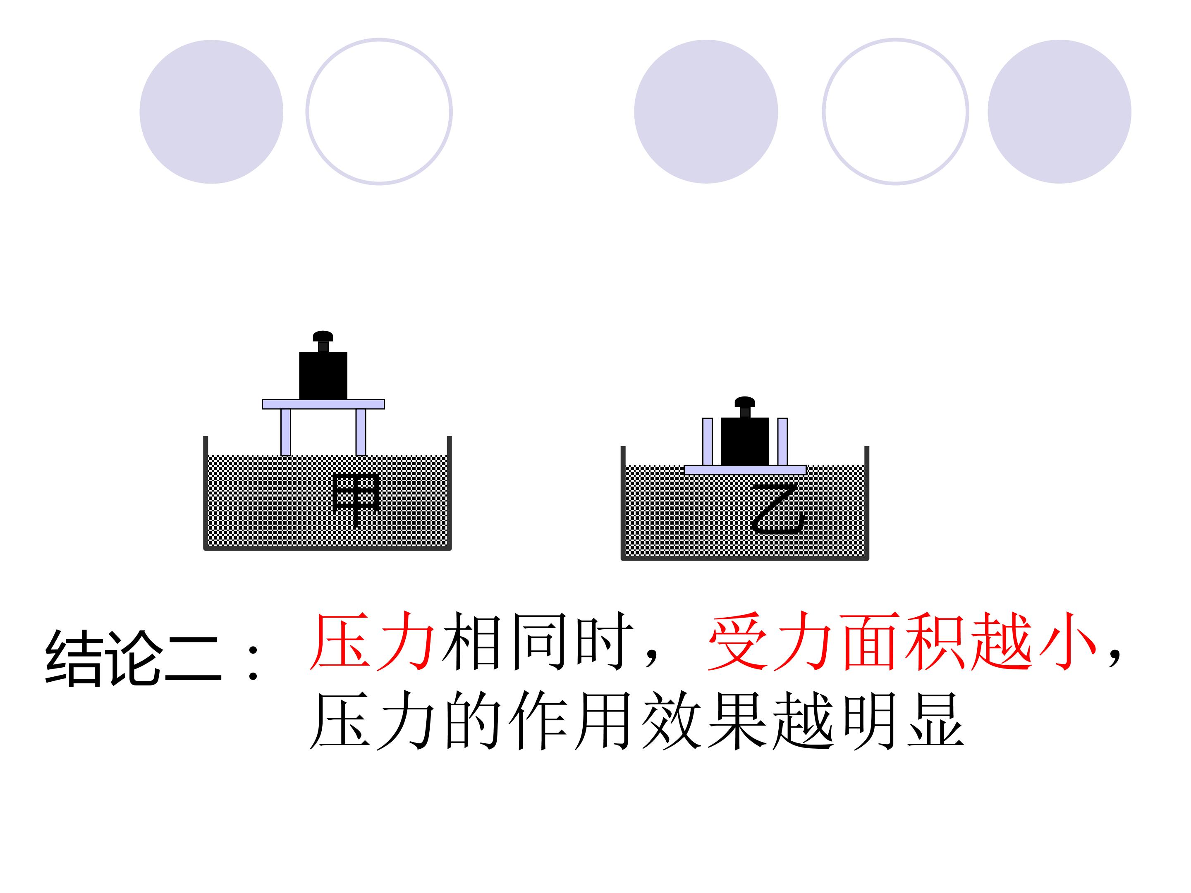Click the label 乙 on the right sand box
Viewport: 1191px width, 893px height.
pos(778,508)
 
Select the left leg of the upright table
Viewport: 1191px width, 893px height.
pos(286,432)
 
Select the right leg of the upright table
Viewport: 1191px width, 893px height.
pos(361,432)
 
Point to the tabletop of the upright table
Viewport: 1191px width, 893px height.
pos(323,404)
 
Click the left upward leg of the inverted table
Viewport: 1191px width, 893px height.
pos(708,442)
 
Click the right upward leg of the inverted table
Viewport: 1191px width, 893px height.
pos(783,442)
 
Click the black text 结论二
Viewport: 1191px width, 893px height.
pos(134,658)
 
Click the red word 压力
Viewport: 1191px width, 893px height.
pos(373,641)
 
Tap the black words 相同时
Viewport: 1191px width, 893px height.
pos(537,641)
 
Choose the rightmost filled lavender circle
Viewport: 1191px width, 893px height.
pos(1059,112)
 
